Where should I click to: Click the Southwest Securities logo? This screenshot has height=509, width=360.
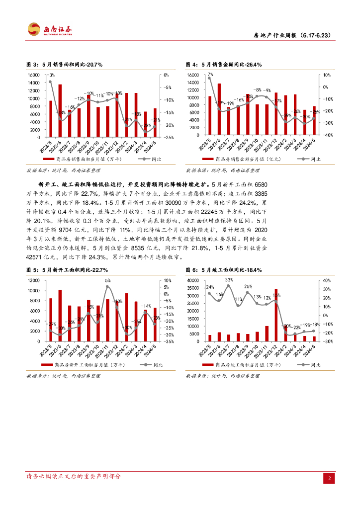click(x=49, y=30)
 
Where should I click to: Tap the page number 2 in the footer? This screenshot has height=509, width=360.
click(x=329, y=478)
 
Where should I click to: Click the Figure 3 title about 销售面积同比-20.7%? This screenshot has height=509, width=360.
click(x=64, y=65)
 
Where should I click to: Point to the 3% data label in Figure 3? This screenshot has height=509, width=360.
click(x=51, y=74)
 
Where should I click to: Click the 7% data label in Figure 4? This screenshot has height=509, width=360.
click(x=210, y=74)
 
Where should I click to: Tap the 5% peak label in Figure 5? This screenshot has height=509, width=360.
click(x=107, y=280)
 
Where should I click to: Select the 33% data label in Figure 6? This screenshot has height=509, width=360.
click(x=229, y=280)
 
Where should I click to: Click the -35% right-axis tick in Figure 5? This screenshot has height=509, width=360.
click(x=169, y=341)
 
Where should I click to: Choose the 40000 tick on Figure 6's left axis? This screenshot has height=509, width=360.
click(x=191, y=281)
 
